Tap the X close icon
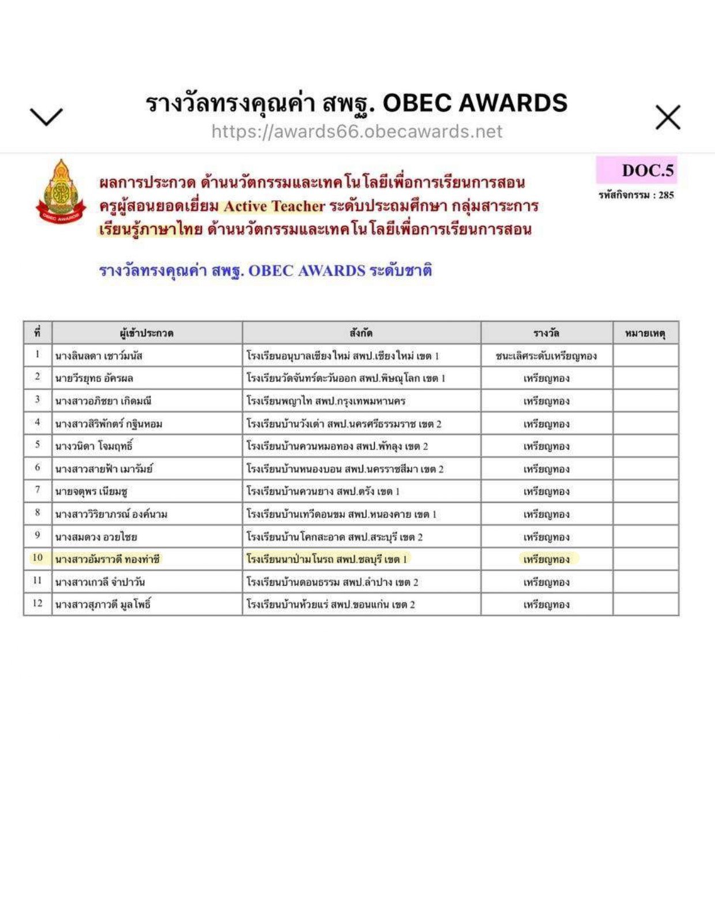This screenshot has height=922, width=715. [x=668, y=117]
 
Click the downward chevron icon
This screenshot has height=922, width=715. [x=46, y=117]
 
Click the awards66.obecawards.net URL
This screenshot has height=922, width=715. [x=357, y=132]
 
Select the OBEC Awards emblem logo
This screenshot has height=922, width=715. [x=61, y=192]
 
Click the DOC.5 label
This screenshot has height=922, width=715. [x=647, y=170]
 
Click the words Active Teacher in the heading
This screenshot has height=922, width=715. [x=274, y=206]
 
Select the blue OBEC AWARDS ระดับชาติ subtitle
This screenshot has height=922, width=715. [x=265, y=270]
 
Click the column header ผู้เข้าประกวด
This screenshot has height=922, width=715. [x=146, y=333]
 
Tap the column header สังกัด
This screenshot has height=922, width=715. [x=361, y=333]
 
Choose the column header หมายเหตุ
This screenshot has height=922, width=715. [x=645, y=333]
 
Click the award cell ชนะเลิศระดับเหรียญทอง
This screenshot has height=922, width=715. [x=545, y=355]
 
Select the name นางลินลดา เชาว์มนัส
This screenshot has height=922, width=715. [x=99, y=355]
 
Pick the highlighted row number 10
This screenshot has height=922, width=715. [x=37, y=558]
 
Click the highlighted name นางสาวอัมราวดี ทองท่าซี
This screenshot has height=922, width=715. [x=107, y=559]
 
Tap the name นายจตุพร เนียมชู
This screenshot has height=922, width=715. [x=91, y=491]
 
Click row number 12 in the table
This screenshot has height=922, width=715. [x=37, y=604]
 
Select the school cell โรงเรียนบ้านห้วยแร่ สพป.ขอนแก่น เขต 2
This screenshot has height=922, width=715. [x=330, y=604]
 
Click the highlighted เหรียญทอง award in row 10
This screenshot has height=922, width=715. [x=546, y=559]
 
